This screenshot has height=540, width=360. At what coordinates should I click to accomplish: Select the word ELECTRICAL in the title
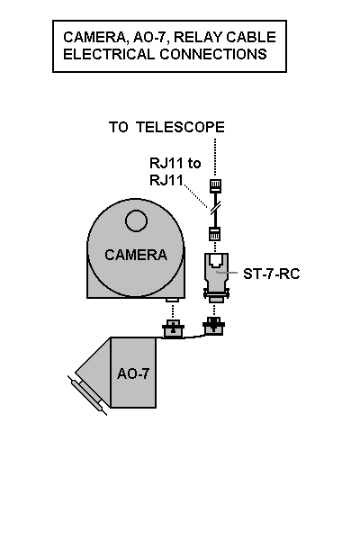coord(109,54)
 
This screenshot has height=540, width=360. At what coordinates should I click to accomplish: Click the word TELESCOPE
coord(180,127)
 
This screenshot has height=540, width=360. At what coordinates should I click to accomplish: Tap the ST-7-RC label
coord(272,274)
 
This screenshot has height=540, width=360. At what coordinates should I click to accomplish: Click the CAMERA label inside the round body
coord(136,255)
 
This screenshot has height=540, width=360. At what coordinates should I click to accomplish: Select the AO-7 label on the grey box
coord(133,373)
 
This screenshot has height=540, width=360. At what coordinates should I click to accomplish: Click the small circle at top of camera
coord(137,220)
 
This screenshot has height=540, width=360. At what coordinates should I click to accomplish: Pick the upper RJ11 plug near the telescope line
coord(216,186)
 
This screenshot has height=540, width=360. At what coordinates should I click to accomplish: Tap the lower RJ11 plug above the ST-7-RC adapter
coord(215,234)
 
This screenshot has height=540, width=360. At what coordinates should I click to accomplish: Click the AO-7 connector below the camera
coord(173,328)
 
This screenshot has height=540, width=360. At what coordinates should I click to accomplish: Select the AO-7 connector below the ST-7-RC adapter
coord(213,326)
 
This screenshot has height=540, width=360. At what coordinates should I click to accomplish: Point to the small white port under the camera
coord(172,301)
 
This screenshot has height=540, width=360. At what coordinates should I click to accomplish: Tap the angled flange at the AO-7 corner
coord(87,395)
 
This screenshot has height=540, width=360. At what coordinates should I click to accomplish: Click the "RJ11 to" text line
coord(175,163)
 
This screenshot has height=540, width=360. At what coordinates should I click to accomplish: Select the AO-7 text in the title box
coord(149,37)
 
